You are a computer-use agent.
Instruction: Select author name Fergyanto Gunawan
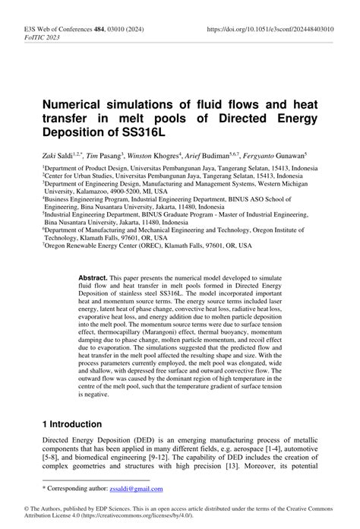[270, 152]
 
